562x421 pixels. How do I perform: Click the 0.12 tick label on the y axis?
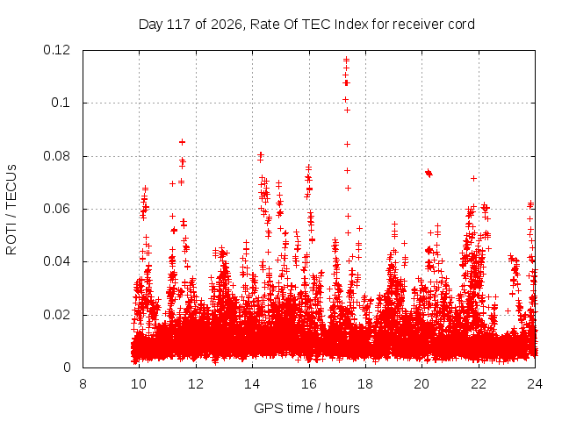[x=56, y=50]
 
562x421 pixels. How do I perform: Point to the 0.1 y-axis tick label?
[x=61, y=103]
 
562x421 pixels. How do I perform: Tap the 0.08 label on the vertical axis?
[x=56, y=156]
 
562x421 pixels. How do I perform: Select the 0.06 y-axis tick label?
[x=56, y=209]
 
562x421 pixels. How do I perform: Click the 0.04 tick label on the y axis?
[x=56, y=261]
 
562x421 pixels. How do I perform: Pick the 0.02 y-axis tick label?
[x=56, y=315]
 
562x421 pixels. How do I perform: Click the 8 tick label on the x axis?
[x=83, y=384]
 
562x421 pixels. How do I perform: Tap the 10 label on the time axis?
[x=139, y=384]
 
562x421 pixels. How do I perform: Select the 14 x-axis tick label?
[x=252, y=384]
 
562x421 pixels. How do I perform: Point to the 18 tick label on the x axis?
[x=365, y=384]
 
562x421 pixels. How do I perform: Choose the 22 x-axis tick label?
[x=479, y=384]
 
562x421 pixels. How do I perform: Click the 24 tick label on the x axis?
[x=535, y=384]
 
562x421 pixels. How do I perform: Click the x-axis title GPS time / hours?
[x=306, y=409]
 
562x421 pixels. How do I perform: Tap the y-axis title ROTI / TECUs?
[x=11, y=210]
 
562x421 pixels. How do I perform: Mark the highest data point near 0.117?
[x=346, y=60]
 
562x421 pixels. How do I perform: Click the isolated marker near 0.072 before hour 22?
[x=474, y=178]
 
